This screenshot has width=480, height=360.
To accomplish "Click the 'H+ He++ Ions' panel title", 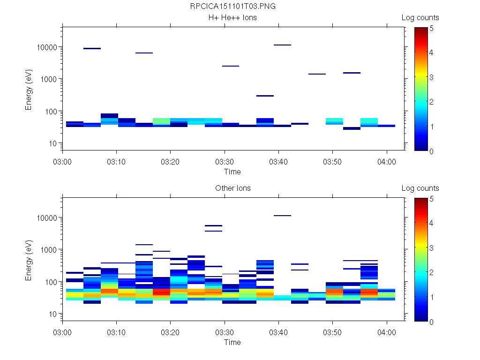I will coord(232,18).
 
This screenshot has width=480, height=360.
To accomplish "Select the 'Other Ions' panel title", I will coord(232,188).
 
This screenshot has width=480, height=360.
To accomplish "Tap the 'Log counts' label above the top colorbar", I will coord(420,18).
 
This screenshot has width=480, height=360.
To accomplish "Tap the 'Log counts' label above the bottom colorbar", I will coord(420,188).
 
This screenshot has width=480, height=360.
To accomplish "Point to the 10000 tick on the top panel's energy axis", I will coord(46,47).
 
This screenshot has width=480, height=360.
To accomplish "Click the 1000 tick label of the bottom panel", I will coord(48,250).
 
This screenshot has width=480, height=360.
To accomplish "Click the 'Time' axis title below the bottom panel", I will coord(232,342).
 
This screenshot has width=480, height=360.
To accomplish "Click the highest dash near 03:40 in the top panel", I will coord(282,45).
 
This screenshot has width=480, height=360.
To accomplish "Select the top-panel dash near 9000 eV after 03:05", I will coord(92,48).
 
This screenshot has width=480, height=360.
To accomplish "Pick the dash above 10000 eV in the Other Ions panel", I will coord(282,216).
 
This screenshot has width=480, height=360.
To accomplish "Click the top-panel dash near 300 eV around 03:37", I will coord(265,96).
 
